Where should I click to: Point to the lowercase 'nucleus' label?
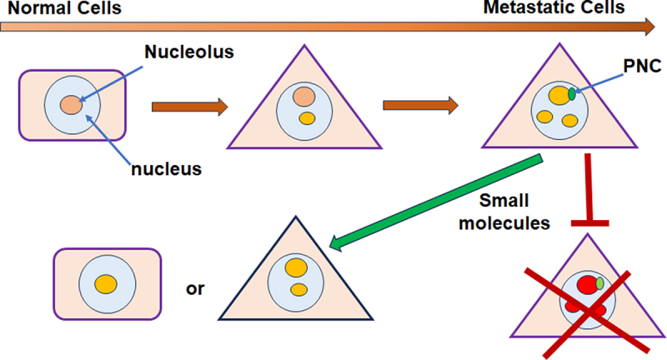(x=167, y=170)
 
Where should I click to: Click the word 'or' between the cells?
(x=196, y=290)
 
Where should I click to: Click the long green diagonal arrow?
(x=434, y=200)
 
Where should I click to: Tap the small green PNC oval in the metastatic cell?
(x=573, y=94)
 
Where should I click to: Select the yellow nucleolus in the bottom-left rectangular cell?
(x=106, y=284)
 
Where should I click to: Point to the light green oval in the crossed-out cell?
(x=599, y=282)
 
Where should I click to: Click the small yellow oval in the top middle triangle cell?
(x=306, y=118)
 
